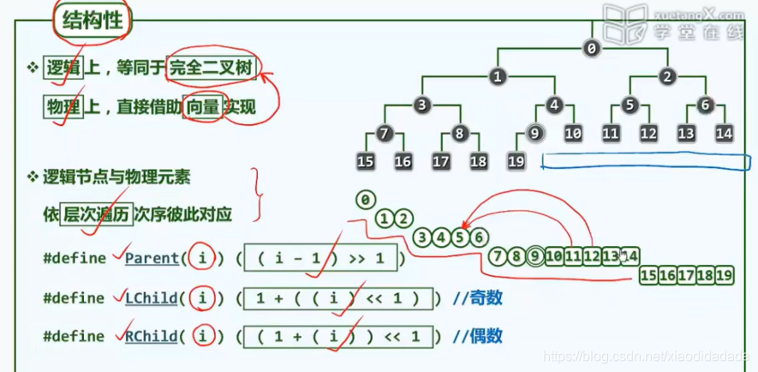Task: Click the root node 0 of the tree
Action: pos(590,49)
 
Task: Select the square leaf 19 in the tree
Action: pos(516,160)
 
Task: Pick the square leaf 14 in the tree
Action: pos(725,133)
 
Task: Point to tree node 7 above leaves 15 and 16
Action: pos(385,133)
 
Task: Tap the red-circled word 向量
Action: pos(202,109)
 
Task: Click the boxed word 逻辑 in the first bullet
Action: pos(62,69)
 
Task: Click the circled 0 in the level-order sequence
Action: pos(366,201)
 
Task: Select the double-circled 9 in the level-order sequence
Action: pos(536,255)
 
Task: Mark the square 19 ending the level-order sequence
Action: pos(725,274)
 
